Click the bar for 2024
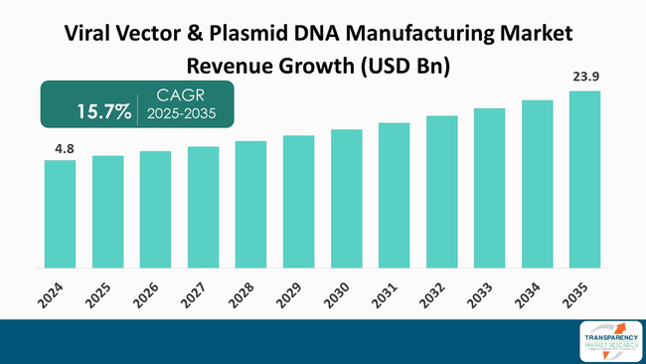point(60,214)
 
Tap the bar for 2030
point(347,199)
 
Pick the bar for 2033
point(489,188)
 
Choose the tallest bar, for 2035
point(584,179)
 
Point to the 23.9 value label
point(585,77)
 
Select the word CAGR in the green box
point(177,95)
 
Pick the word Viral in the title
point(86,34)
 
